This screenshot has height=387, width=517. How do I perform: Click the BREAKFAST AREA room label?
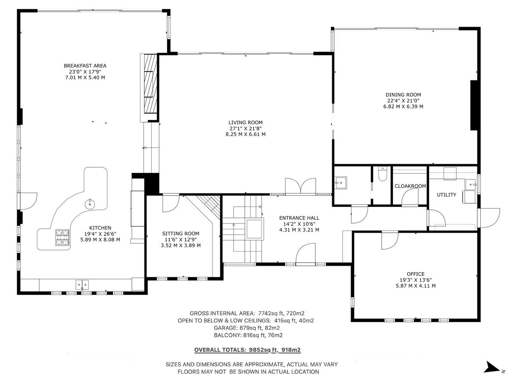[x=85, y=66]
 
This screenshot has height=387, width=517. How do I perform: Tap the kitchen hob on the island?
[x=62, y=237]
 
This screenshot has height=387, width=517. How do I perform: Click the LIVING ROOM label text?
[x=245, y=123]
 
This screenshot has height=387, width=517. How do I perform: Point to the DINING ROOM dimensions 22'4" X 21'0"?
[x=403, y=101]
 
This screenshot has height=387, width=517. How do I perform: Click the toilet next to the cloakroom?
[x=382, y=174]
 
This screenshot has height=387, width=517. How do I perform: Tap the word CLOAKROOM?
[x=410, y=186]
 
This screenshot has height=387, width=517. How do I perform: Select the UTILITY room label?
[x=446, y=195]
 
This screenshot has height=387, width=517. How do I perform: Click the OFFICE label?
[x=415, y=274]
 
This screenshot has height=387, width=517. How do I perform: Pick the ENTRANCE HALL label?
[x=299, y=218]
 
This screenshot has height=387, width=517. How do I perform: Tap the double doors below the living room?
[x=301, y=187]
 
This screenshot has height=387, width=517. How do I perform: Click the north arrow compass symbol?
[x=491, y=367]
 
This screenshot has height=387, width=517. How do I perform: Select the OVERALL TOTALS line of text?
[x=250, y=350]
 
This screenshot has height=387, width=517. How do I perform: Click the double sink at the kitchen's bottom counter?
[x=82, y=284]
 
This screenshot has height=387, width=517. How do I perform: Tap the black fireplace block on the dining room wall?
[x=474, y=105]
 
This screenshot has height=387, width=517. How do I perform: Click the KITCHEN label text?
[x=100, y=228]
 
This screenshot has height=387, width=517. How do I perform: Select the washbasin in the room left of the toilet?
[x=341, y=182]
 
